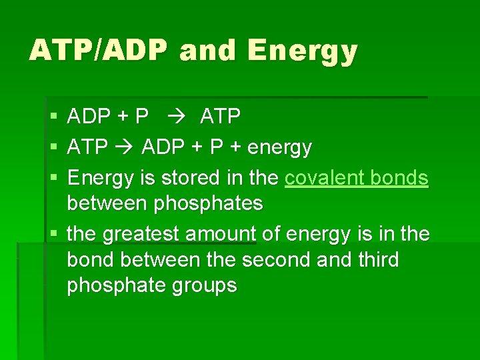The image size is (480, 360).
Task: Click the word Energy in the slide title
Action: point(302,51)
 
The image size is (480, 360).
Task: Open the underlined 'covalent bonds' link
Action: point(357,178)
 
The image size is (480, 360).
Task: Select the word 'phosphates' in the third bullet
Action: point(209,203)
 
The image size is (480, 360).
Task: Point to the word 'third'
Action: point(375,259)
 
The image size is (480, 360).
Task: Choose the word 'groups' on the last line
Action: point(204,285)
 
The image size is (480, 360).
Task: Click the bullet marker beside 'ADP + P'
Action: point(53,118)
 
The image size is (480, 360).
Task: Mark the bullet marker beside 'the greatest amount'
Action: point(53,235)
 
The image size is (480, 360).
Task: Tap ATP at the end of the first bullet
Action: point(220,117)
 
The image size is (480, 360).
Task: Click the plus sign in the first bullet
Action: point(123,117)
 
